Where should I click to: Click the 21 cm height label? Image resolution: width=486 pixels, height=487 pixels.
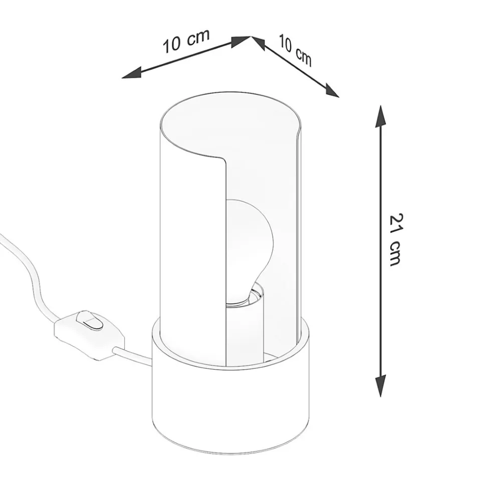(x=395, y=239)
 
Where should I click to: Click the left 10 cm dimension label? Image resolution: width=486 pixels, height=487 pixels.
(x=186, y=41)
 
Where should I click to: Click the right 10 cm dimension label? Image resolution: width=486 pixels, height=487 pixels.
(x=295, y=50)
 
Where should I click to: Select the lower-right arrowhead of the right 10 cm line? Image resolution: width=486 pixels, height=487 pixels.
(x=332, y=90)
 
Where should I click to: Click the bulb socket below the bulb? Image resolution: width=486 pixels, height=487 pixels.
(x=245, y=326)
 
